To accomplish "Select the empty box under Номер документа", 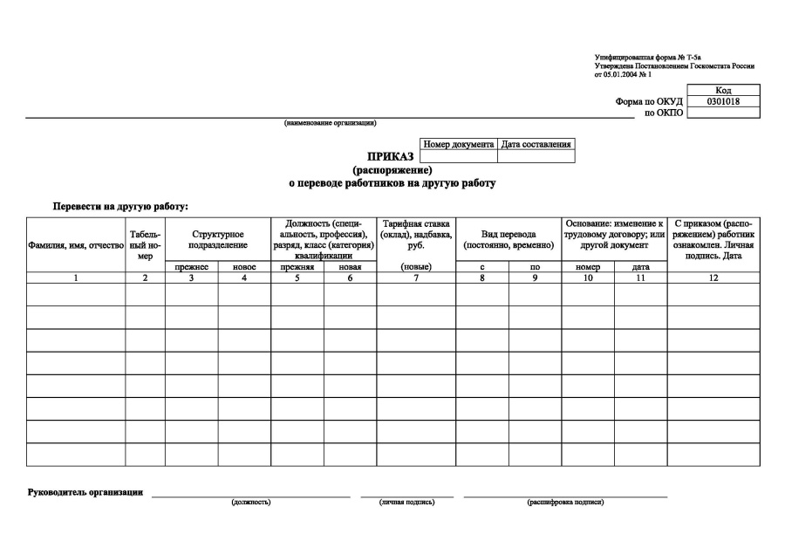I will (x=459, y=157).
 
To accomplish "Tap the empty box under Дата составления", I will (x=536, y=157).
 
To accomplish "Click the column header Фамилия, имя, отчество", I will (x=75, y=246).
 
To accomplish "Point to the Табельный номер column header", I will (x=145, y=244).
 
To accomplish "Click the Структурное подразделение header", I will (x=217, y=239).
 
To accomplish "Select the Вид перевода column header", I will (x=509, y=239).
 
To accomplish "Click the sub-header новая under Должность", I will (x=350, y=267).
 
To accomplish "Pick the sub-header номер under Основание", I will (x=588, y=267).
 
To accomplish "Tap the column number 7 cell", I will (x=416, y=277).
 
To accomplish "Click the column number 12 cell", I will (x=713, y=277).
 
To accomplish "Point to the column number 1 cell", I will (x=75, y=277).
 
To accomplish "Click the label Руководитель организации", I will (x=85, y=493).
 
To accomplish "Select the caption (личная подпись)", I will (x=406, y=503).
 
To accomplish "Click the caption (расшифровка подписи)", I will (x=565, y=503).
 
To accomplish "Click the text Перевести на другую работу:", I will (x=120, y=206).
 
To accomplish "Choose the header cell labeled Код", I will (x=723, y=90).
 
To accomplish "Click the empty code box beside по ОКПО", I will (x=723, y=113).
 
